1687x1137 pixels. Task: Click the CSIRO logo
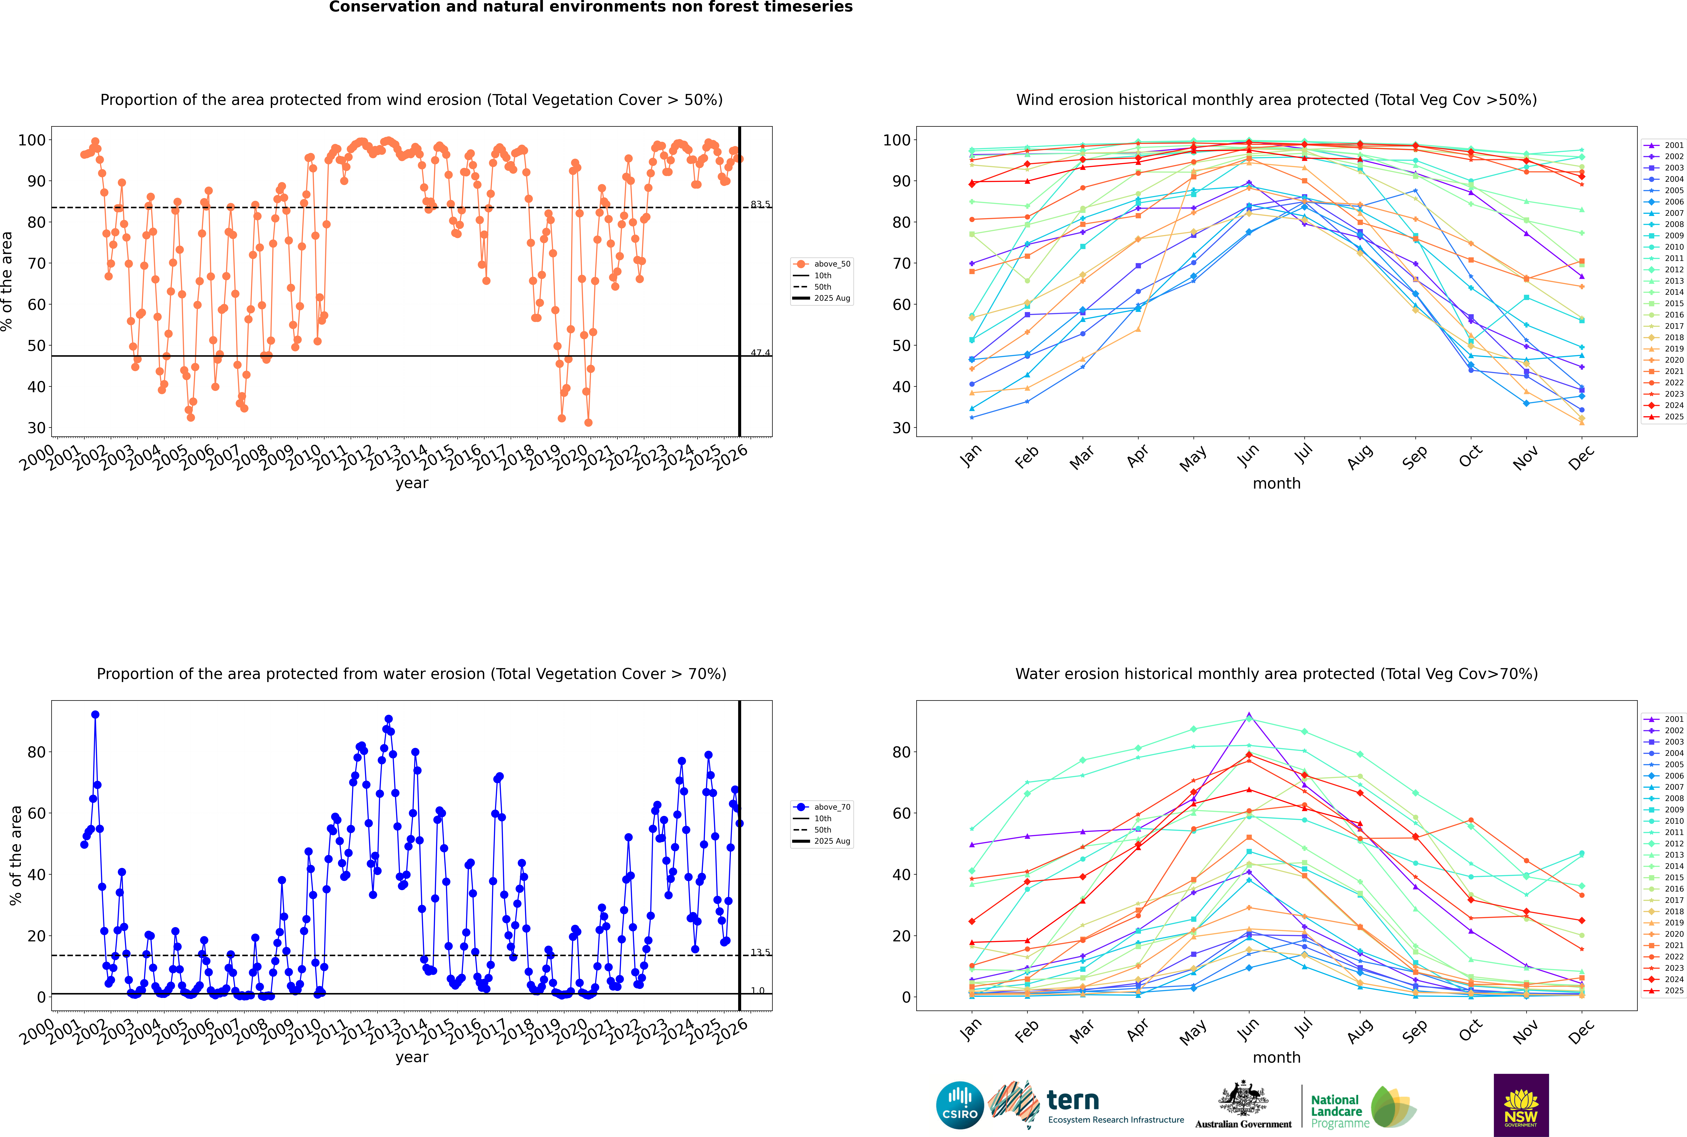[960, 1105]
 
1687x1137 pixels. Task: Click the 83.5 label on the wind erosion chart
[760, 204]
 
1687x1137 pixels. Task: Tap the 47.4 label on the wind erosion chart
[760, 353]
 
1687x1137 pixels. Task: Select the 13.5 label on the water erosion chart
[760, 952]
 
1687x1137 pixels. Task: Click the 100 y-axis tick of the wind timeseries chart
[32, 140]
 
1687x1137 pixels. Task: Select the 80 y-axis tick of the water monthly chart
[902, 752]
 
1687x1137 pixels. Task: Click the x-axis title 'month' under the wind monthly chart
[1276, 484]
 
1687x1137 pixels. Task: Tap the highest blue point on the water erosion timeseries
[95, 714]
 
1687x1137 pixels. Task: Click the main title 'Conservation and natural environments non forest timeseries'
[590, 7]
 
